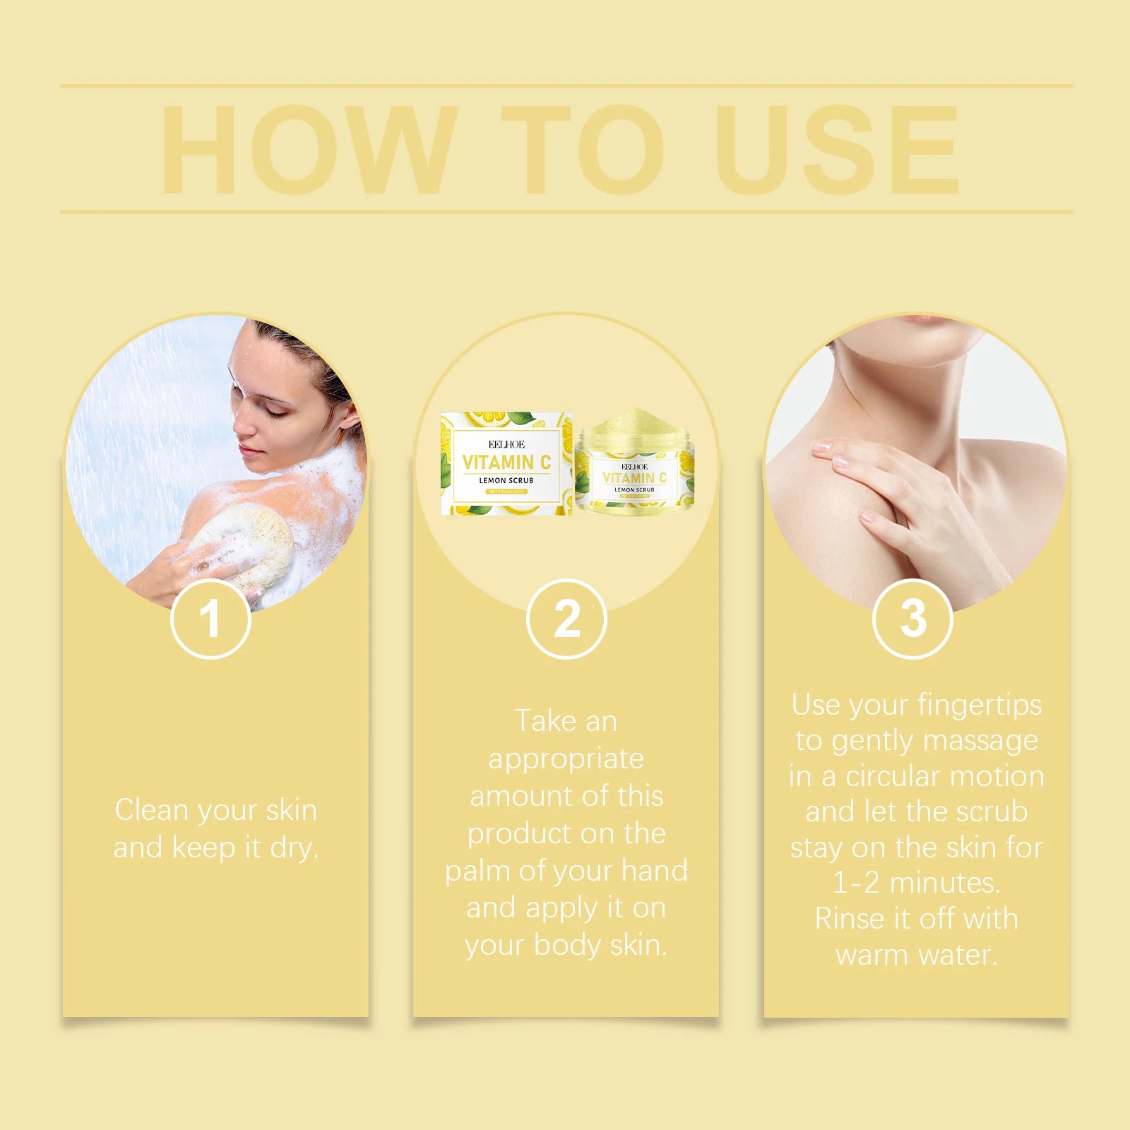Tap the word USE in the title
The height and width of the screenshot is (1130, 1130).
pyautogui.click(x=837, y=150)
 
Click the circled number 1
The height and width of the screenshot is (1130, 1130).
pyautogui.click(x=210, y=619)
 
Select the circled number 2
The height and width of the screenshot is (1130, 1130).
pyautogui.click(x=566, y=619)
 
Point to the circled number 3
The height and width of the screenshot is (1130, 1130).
pyautogui.click(x=912, y=619)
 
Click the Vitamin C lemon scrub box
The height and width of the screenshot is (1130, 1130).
pyautogui.click(x=506, y=463)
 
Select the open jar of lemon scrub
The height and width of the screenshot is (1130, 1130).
pyautogui.click(x=634, y=463)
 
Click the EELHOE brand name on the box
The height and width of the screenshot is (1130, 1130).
pyautogui.click(x=506, y=444)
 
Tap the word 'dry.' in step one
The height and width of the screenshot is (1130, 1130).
pyautogui.click(x=295, y=847)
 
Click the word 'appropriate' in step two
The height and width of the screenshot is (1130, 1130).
pyautogui.click(x=566, y=759)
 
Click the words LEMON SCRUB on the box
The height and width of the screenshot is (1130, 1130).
pyautogui.click(x=506, y=480)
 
